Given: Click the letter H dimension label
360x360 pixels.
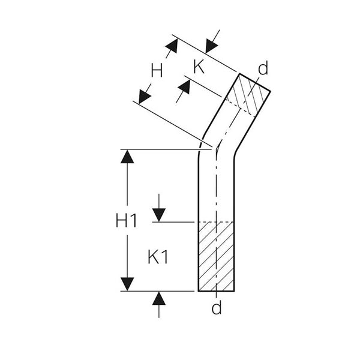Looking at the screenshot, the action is [x=157, y=70].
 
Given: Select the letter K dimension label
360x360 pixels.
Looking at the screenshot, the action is [x=199, y=67].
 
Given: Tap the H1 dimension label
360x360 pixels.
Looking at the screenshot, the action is [x=126, y=220].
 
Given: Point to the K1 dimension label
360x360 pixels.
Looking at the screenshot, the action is [x=158, y=257].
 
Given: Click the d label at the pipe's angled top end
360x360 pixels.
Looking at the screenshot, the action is [x=263, y=68].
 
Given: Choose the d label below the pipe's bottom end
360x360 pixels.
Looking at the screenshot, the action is [x=217, y=308].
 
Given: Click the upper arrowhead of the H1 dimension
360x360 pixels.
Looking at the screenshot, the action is [x=127, y=157].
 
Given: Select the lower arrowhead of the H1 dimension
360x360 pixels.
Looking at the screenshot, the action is [x=127, y=284].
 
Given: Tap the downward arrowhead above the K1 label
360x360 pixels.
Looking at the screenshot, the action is [x=159, y=215].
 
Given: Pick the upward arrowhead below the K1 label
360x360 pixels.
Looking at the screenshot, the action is [x=159, y=298].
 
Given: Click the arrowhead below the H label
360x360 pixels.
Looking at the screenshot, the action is [x=145, y=97].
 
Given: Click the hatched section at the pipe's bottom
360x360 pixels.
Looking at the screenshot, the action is [x=216, y=256].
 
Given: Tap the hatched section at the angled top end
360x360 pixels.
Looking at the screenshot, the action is [x=248, y=95].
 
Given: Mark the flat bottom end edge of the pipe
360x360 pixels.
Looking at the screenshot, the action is [x=216, y=291].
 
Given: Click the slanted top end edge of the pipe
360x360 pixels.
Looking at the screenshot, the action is [x=255, y=83].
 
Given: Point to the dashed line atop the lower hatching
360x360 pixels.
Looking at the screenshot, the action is [x=216, y=222].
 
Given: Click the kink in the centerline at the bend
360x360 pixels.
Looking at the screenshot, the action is [x=217, y=149].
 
